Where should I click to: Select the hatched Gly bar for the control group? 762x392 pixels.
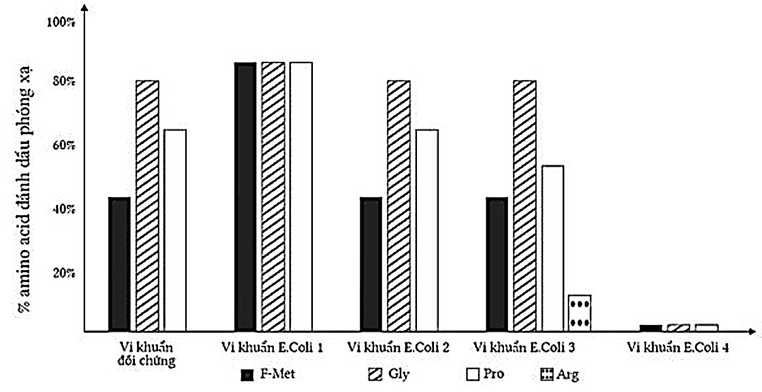click(147, 205)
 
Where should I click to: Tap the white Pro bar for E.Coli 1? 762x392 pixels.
click(301, 196)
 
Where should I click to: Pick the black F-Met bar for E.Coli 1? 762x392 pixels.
click(245, 196)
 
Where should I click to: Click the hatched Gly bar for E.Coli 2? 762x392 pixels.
click(399, 205)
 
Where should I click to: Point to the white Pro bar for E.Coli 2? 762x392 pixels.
click(426, 230)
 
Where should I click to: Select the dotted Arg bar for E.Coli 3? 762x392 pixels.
click(579, 313)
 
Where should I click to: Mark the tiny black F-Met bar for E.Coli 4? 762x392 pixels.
click(651, 328)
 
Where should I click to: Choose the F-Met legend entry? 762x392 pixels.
click(268, 374)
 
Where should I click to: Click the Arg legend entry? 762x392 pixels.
click(559, 375)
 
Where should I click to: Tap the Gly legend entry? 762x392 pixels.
click(389, 374)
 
